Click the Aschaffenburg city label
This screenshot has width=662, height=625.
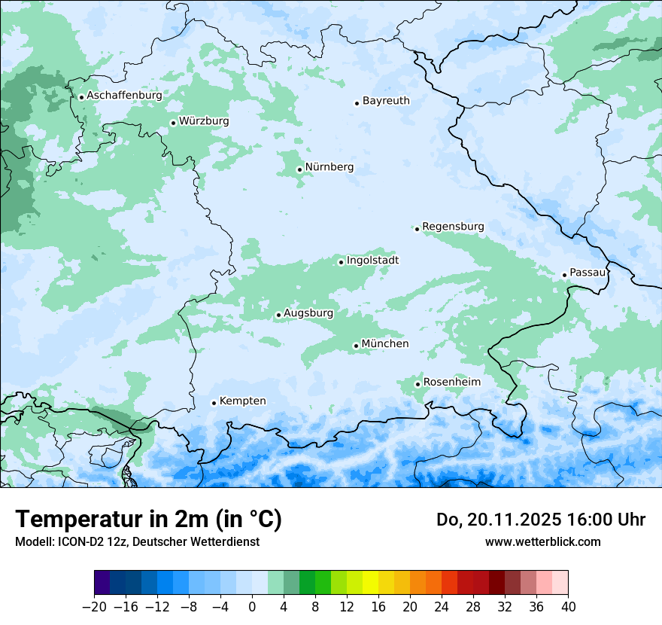(x=124, y=96)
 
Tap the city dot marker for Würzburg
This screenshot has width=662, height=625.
(x=173, y=123)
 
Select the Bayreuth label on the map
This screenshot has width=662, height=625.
(x=386, y=100)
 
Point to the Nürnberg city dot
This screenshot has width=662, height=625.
(x=299, y=169)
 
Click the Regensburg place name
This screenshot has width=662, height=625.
(x=453, y=226)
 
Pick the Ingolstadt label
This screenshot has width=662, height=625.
(x=372, y=260)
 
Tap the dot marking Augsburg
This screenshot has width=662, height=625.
(x=278, y=315)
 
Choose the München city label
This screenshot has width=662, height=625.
(x=385, y=343)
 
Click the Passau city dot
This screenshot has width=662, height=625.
(x=564, y=275)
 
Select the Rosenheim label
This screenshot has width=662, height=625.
(x=451, y=382)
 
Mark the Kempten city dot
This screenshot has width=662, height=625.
(x=214, y=403)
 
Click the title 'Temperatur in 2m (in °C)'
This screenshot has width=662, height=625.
(x=148, y=519)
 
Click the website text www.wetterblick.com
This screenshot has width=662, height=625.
(x=542, y=541)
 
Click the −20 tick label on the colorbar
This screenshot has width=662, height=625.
(x=94, y=607)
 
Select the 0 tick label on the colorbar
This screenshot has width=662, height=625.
(x=252, y=607)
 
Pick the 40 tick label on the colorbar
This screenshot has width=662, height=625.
(x=568, y=607)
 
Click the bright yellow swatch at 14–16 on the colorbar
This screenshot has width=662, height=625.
(x=370, y=583)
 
